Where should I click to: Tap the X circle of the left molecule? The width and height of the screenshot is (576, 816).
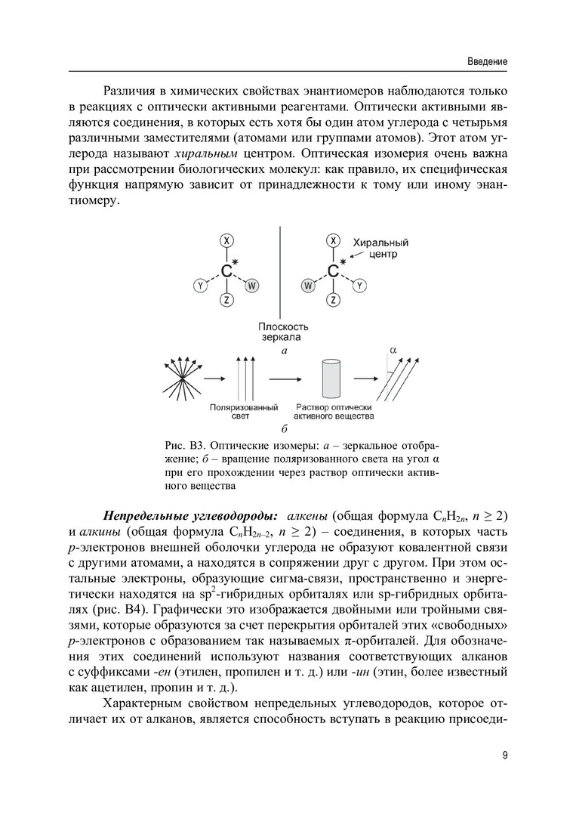[226, 240]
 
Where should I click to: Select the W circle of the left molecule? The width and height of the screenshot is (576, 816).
[252, 286]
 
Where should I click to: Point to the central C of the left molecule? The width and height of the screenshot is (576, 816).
[226, 270]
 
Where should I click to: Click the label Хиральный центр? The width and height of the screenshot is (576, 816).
[380, 249]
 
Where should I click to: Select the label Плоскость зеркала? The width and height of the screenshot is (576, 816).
[280, 332]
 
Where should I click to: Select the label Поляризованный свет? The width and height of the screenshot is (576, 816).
[240, 411]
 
